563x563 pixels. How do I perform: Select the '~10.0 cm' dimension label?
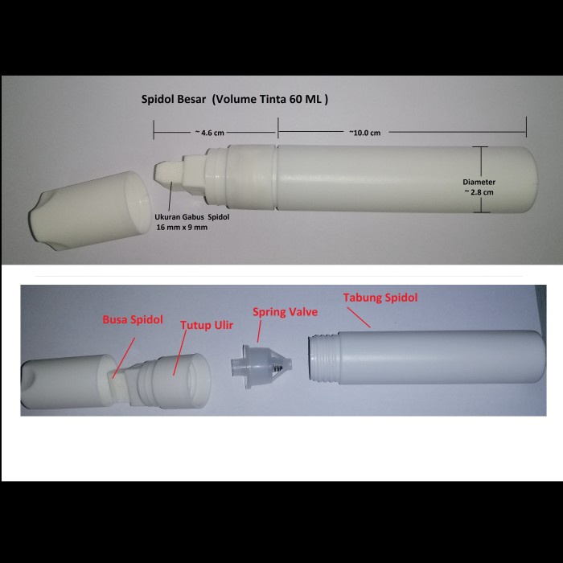click(x=365, y=132)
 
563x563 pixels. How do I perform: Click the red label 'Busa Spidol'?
click(x=133, y=319)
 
